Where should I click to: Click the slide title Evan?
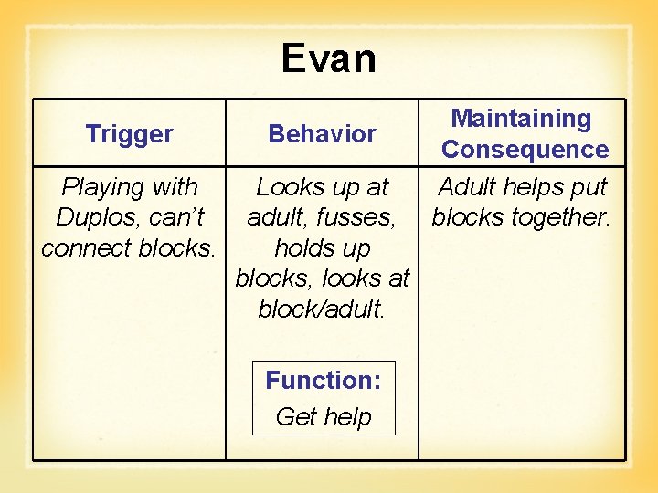pyautogui.click(x=328, y=58)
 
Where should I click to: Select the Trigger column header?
pyautogui.click(x=129, y=134)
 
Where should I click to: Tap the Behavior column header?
pyautogui.click(x=322, y=134)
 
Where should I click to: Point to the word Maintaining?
pyautogui.click(x=521, y=119)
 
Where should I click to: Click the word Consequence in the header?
pyautogui.click(x=525, y=150)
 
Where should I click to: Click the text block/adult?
pyautogui.click(x=323, y=309)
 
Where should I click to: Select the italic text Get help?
pyautogui.click(x=323, y=417)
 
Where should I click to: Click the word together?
pyautogui.click(x=567, y=218)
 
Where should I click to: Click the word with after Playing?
pyautogui.click(x=175, y=187)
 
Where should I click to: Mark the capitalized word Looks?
pyautogui.click(x=288, y=187)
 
